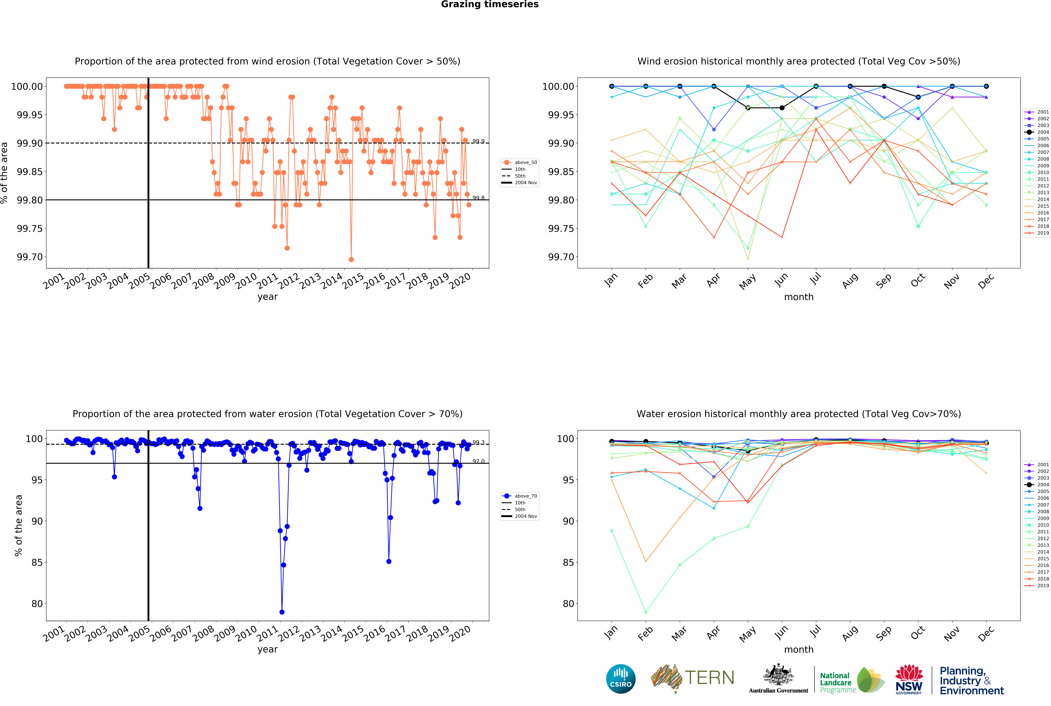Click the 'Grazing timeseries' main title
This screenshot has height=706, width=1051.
tap(489, 5)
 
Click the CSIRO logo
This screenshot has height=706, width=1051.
tap(620, 679)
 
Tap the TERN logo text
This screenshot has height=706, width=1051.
tap(709, 678)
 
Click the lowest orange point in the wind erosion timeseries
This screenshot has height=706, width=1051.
tap(351, 259)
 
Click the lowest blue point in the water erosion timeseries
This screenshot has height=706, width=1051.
tap(282, 612)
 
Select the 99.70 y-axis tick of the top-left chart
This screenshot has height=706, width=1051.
tap(30, 257)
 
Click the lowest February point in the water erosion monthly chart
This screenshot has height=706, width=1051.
tap(646, 612)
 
